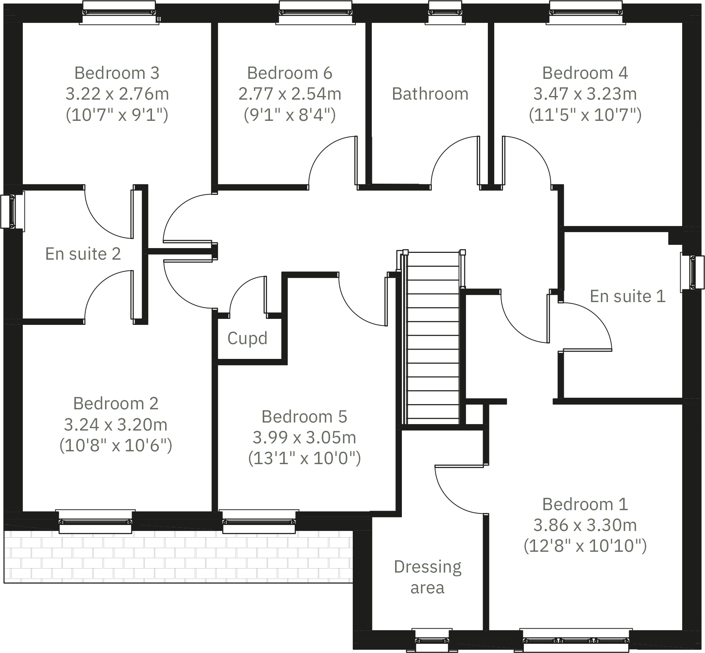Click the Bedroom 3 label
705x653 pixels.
[x=117, y=73]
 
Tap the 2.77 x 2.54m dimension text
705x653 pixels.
[x=290, y=94]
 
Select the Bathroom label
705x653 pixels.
[x=430, y=94]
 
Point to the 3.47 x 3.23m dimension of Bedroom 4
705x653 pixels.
[x=585, y=94]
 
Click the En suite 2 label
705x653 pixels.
[x=83, y=254]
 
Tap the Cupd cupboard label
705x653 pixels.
[x=247, y=339]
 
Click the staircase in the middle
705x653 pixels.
[x=433, y=340]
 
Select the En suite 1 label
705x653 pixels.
[x=627, y=296]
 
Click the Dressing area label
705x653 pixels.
[x=427, y=577]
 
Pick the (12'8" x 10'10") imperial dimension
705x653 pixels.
[x=585, y=546]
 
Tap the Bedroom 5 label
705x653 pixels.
[x=304, y=417]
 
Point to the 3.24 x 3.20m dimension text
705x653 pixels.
[x=116, y=425]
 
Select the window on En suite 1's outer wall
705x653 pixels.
[x=693, y=272]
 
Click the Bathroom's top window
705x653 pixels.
[x=445, y=12]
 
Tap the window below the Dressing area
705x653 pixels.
[x=432, y=640]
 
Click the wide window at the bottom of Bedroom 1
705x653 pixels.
[x=576, y=640]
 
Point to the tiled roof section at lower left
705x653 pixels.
[x=176, y=556]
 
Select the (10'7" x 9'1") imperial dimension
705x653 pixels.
[x=117, y=115]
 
